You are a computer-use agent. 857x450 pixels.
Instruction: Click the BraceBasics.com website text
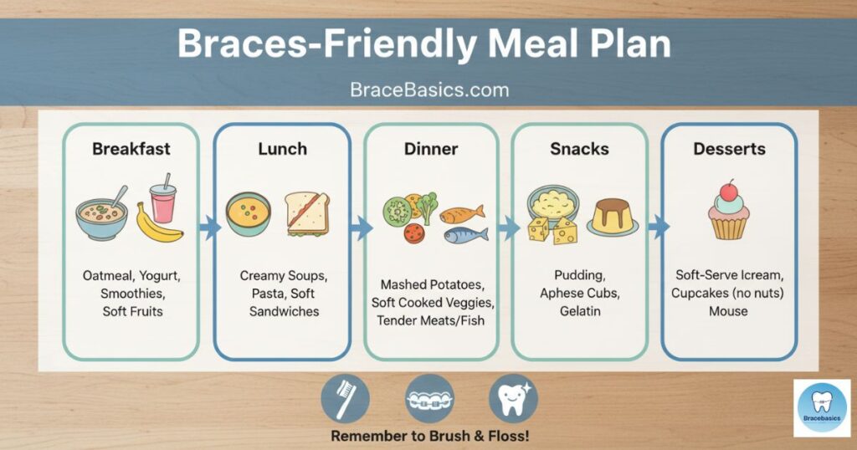pyautogui.click(x=429, y=89)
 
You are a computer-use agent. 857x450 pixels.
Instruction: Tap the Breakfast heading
pyautogui.click(x=131, y=149)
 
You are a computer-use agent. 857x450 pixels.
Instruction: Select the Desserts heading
pyautogui.click(x=729, y=149)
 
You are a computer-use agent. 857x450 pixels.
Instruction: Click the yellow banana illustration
pyautogui.click(x=158, y=224)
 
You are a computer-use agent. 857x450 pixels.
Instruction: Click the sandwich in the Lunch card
pyautogui.click(x=307, y=213)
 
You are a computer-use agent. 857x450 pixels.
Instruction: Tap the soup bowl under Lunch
pyautogui.click(x=248, y=213)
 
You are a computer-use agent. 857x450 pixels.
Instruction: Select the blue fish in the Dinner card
pyautogui.click(x=465, y=235)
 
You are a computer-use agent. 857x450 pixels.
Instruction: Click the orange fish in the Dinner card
pyautogui.click(x=462, y=213)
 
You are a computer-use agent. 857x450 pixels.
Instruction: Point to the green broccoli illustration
pyautogui.click(x=427, y=207)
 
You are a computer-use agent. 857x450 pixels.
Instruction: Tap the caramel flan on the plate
pyautogui.click(x=613, y=217)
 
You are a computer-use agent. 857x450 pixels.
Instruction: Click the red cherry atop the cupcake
pyautogui.click(x=728, y=192)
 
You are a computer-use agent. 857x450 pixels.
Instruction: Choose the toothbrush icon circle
pyautogui.click(x=345, y=399)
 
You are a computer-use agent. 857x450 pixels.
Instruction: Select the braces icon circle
pyautogui.click(x=429, y=399)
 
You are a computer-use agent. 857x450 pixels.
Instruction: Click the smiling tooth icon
pyautogui.click(x=513, y=399)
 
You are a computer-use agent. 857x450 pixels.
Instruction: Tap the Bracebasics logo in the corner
pyautogui.click(x=822, y=408)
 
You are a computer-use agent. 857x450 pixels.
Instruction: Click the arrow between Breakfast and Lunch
pyautogui.click(x=209, y=228)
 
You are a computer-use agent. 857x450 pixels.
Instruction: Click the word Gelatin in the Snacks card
pyautogui.click(x=580, y=311)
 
